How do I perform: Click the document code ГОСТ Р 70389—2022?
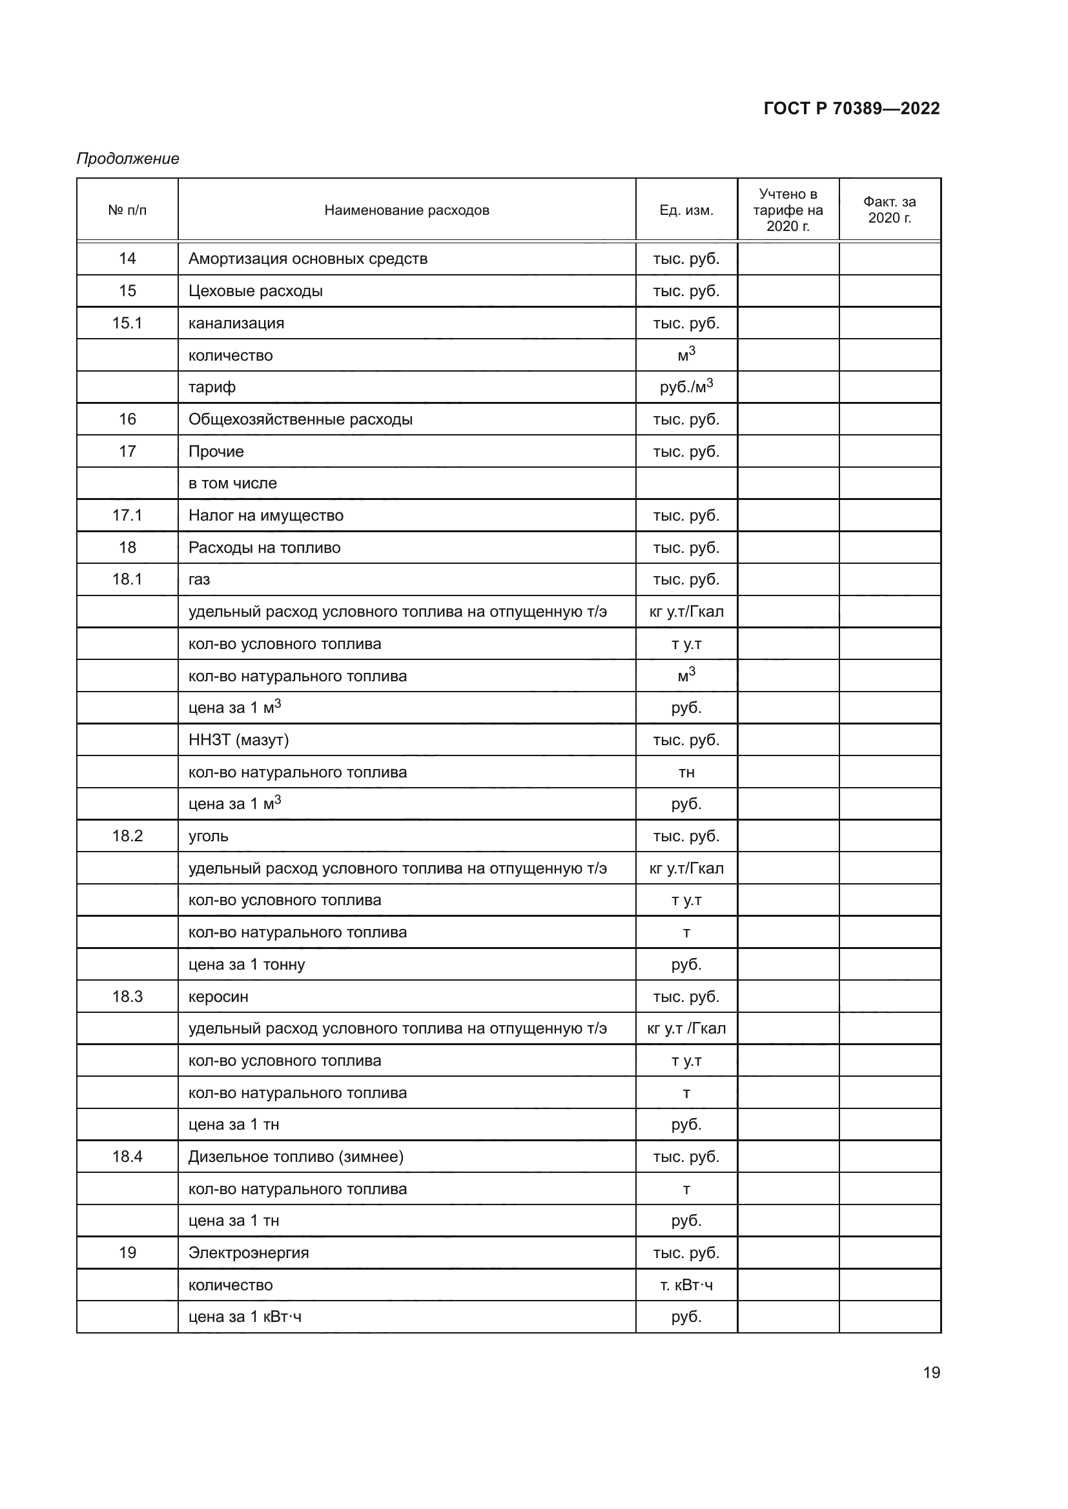851,108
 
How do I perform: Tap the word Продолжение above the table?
128,159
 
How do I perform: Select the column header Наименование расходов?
406,210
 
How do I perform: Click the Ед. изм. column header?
686,210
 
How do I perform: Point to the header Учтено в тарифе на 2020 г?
788,210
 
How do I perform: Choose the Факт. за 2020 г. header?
889,210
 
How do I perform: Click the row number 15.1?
127,323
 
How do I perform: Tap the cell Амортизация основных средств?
308,259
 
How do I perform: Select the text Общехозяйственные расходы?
300,419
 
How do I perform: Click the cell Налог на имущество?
265,515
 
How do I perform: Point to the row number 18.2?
127,836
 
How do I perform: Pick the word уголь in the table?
209,837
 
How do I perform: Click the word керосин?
218,997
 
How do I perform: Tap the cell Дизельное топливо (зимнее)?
296,1157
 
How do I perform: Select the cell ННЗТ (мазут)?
239,740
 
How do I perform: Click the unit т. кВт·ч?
686,1285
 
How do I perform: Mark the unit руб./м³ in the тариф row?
686,387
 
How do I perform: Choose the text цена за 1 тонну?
247,964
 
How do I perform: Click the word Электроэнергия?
249,1253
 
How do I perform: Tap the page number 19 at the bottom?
931,1373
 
